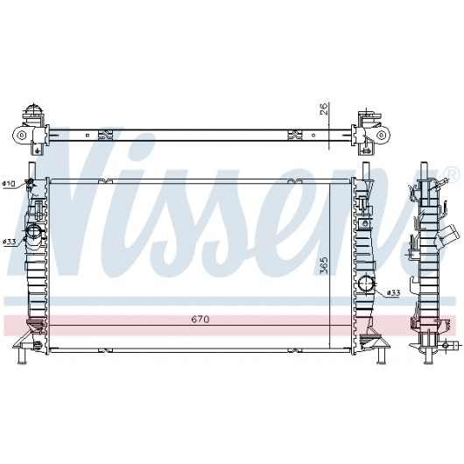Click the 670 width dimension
(200, 320)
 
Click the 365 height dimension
(324, 265)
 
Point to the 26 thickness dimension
(324, 109)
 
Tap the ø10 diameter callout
(9, 184)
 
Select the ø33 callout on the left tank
(9, 242)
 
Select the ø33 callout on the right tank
(394, 293)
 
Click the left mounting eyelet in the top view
(21, 136)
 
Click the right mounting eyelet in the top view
(382, 135)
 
